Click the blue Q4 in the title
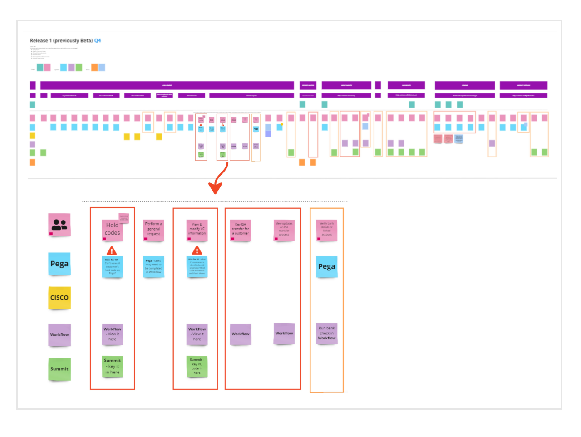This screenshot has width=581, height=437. pyautogui.click(x=98, y=41)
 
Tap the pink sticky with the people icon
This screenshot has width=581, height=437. pyautogui.click(x=59, y=225)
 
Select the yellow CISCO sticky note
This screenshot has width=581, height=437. pyautogui.click(x=59, y=298)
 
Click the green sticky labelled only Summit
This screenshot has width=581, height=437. pyautogui.click(x=59, y=369)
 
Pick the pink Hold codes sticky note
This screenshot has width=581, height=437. pyautogui.click(x=113, y=229)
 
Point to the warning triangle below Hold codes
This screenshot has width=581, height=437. pyautogui.click(x=112, y=250)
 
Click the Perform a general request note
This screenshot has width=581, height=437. pyautogui.click(x=153, y=229)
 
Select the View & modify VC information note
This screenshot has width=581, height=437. pyautogui.click(x=197, y=230)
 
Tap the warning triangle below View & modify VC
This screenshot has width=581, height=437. pyautogui.click(x=197, y=250)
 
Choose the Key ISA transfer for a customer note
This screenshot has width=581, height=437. pyautogui.click(x=241, y=230)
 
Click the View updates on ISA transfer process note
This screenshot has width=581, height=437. pyautogui.click(x=284, y=230)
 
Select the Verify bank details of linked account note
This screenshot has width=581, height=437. pyautogui.click(x=327, y=230)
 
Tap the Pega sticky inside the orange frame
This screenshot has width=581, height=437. pyautogui.click(x=327, y=267)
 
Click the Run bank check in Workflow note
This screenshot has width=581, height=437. pyautogui.click(x=327, y=334)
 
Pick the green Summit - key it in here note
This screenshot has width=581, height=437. pyautogui.click(x=113, y=367)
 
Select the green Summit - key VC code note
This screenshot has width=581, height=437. pyautogui.click(x=197, y=367)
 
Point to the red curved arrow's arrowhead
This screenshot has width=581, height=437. pyautogui.click(x=215, y=188)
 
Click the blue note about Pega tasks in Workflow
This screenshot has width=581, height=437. pyautogui.click(x=153, y=267)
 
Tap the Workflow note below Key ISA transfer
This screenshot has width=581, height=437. pyautogui.click(x=241, y=334)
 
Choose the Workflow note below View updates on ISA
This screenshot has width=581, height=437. pyautogui.click(x=284, y=334)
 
